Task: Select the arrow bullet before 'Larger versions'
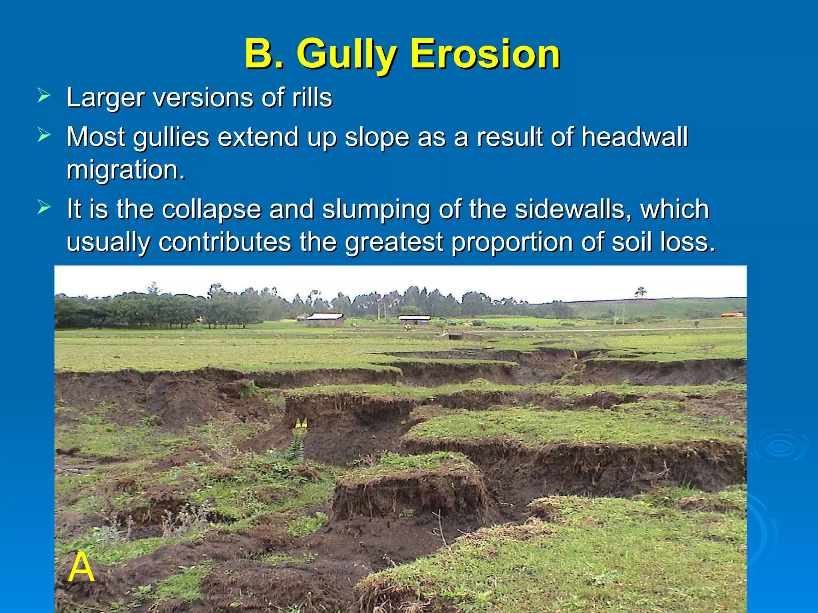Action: pyautogui.click(x=44, y=96)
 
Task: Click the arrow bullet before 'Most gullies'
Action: pyautogui.click(x=44, y=135)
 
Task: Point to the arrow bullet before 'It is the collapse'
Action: pyautogui.click(x=44, y=208)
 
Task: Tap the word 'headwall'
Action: pyautogui.click(x=634, y=137)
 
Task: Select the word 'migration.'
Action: pyautogui.click(x=126, y=170)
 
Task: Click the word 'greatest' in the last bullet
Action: pyautogui.click(x=394, y=242)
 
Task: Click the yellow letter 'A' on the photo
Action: pyautogui.click(x=81, y=568)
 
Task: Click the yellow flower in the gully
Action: pyautogui.click(x=301, y=423)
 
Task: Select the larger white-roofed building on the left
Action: pyautogui.click(x=325, y=318)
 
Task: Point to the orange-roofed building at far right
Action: pyautogui.click(x=732, y=315)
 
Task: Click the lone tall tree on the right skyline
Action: pyautogui.click(x=641, y=292)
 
